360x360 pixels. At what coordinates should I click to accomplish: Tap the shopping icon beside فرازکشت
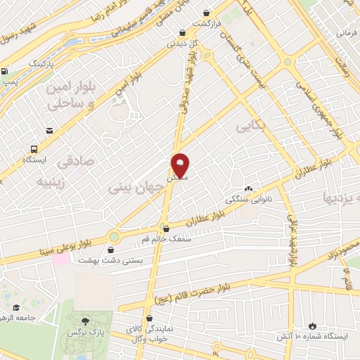pos(206,13)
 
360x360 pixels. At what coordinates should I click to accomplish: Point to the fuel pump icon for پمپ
pos(6,70)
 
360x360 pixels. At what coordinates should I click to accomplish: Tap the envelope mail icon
pos(49,131)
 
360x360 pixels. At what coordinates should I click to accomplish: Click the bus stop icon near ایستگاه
pos(33,148)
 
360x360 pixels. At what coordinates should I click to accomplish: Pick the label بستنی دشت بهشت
pos(138,259)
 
